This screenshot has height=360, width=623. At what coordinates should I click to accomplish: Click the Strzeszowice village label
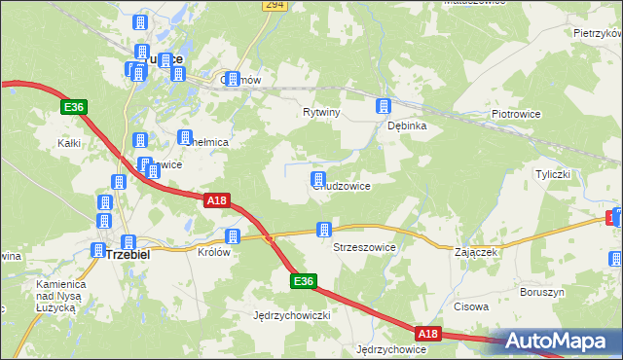click(x=364, y=247)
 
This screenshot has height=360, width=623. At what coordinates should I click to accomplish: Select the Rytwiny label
click(x=321, y=113)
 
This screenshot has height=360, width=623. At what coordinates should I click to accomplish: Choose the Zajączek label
click(x=477, y=251)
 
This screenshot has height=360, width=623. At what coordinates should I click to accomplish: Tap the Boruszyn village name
click(x=542, y=291)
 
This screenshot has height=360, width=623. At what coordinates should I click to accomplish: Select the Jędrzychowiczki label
click(x=293, y=315)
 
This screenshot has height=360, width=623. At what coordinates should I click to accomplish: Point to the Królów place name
click(x=214, y=251)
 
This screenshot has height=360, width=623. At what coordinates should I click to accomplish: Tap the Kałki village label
click(x=68, y=143)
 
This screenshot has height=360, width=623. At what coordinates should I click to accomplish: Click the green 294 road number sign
click(x=274, y=6)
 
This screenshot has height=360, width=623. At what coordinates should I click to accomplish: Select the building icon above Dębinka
click(x=384, y=105)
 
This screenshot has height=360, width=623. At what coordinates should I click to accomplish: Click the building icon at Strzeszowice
click(x=323, y=230)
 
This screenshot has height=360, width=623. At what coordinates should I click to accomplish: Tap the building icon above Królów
click(x=232, y=235)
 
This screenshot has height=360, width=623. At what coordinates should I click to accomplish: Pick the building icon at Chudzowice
click(x=317, y=178)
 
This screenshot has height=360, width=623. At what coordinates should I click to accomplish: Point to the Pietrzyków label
click(x=597, y=33)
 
